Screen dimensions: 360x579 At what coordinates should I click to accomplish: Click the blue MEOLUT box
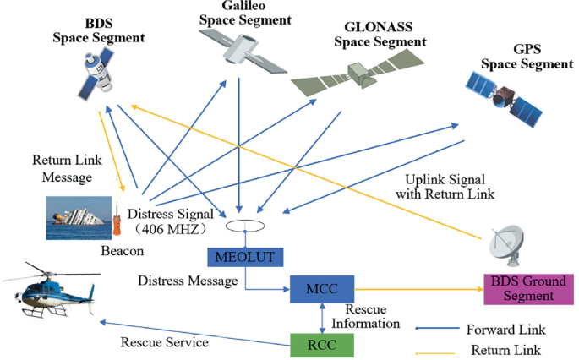238,257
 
